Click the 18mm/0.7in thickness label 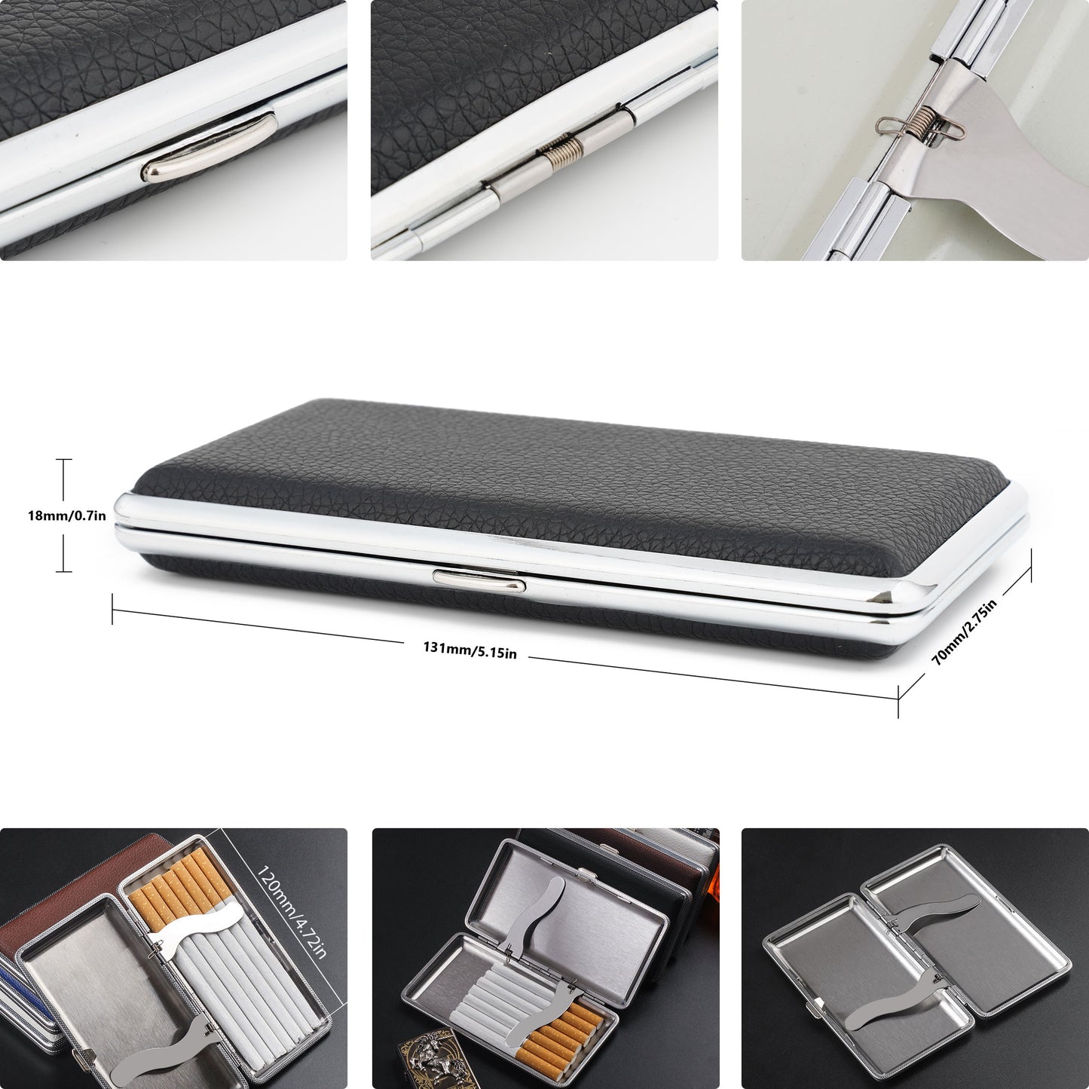(x=66, y=516)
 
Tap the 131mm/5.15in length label (x=470, y=650)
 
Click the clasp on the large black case (x=479, y=579)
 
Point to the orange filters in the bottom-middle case (x=561, y=1032)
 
